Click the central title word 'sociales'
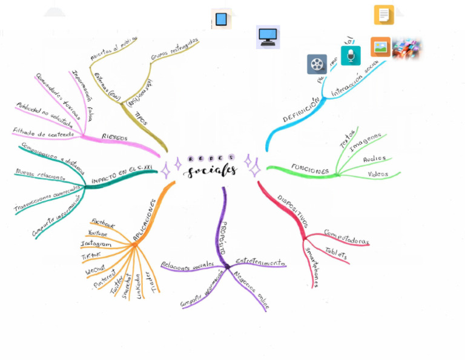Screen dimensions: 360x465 pyautogui.click(x=211, y=172)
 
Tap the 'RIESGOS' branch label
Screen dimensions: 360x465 pyautogui.click(x=114, y=138)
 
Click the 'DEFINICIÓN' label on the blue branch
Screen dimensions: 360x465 pyautogui.click(x=301, y=110)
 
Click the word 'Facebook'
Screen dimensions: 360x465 pyautogui.click(x=102, y=224)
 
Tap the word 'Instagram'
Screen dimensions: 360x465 pyautogui.click(x=96, y=244)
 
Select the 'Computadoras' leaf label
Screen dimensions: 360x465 pyautogui.click(x=346, y=237)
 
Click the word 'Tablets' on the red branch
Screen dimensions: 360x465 pyautogui.click(x=336, y=253)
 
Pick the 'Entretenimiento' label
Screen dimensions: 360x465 pyautogui.click(x=260, y=262)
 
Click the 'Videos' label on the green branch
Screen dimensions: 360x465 pyautogui.click(x=378, y=175)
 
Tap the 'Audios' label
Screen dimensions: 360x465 pyautogui.click(x=374, y=159)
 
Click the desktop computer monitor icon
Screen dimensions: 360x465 pyautogui.click(x=268, y=37)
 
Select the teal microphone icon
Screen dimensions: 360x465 pyautogui.click(x=351, y=56)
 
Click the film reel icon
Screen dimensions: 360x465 pyautogui.click(x=317, y=64)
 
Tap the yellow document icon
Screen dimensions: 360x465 pyautogui.click(x=384, y=15)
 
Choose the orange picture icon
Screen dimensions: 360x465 pyautogui.click(x=380, y=47)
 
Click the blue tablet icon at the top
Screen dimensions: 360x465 pyautogui.click(x=221, y=19)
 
